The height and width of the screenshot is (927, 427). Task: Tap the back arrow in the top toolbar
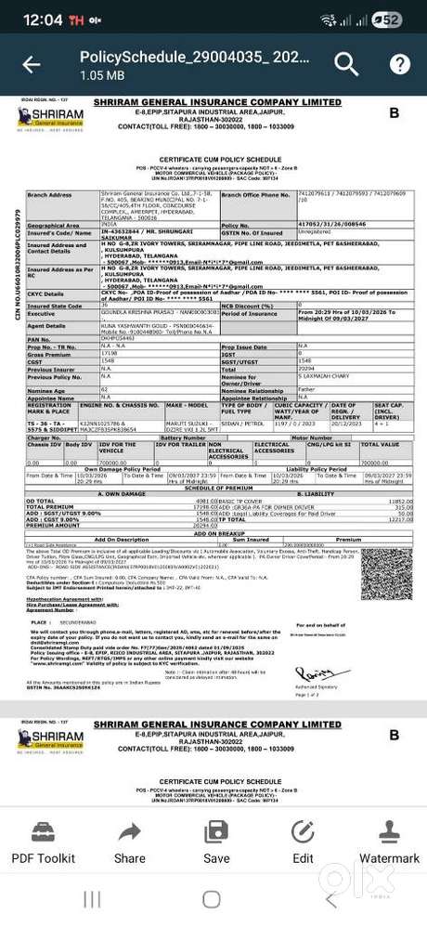point(31,64)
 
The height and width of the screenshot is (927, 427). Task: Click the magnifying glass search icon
point(346,64)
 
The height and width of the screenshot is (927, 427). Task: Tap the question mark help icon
point(399,64)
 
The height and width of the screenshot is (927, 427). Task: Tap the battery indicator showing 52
point(390,20)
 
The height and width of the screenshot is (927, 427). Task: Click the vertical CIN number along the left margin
point(16,266)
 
